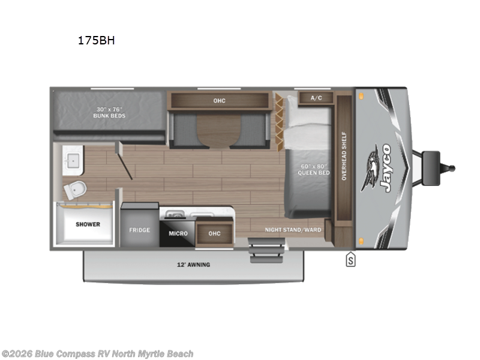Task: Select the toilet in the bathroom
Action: tap(76, 189)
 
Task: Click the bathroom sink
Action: tap(74, 161)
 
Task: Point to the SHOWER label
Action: tap(88, 224)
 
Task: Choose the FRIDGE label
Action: tap(139, 230)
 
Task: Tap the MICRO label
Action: tap(178, 233)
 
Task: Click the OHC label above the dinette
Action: tap(219, 100)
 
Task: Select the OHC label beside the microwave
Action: tap(214, 233)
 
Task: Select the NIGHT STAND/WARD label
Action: tap(293, 230)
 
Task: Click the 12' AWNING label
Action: tap(193, 265)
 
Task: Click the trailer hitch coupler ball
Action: tap(451, 169)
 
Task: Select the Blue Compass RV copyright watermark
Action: tap(97, 354)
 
